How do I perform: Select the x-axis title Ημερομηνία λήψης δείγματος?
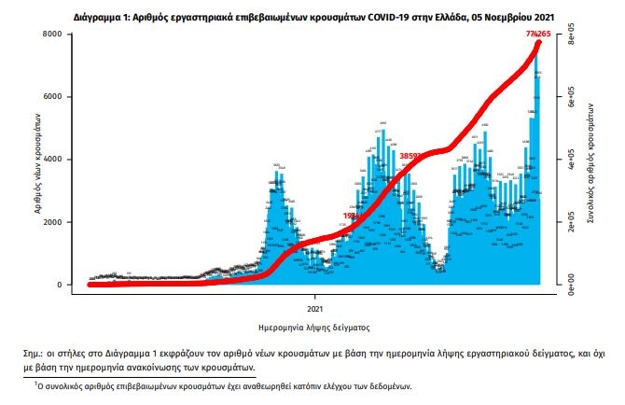(x=314, y=328)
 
